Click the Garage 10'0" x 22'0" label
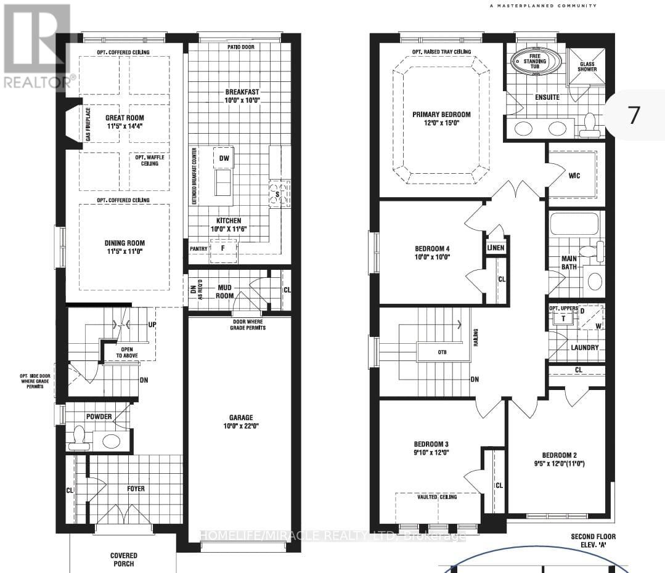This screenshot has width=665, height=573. click(238, 421)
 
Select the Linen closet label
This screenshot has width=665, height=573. click(496, 248)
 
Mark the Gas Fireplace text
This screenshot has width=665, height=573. click(89, 124)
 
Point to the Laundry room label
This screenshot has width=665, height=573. click(584, 347)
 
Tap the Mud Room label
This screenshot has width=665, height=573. click(224, 291)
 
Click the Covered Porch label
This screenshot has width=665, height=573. click(123, 559)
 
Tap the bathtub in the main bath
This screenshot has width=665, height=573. click(574, 224)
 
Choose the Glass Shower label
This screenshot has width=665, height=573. click(587, 65)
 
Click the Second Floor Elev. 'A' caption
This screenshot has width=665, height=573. click(593, 540)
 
